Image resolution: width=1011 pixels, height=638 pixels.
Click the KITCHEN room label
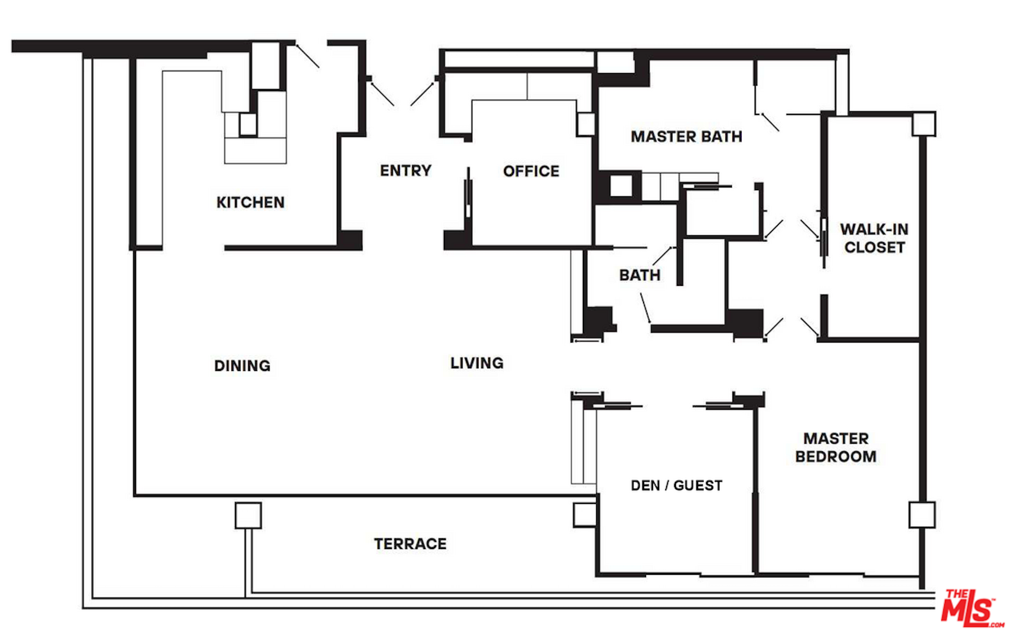pos(250,202)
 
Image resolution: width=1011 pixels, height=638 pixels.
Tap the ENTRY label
pos(405,171)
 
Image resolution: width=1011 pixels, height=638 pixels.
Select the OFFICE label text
pos(531,171)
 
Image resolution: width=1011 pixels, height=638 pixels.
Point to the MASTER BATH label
pos(686,136)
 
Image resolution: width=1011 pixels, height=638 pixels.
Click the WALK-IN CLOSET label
pos(874,238)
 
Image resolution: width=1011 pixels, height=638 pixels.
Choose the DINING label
pos(242,365)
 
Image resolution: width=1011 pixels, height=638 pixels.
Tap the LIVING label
pos(477,363)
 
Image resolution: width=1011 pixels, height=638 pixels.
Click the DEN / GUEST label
pos(676,485)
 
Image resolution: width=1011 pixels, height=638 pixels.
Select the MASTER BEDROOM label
pos(836,447)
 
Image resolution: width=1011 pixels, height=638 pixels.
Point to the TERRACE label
pos(410,543)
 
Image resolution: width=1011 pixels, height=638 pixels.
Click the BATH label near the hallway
pos(639,275)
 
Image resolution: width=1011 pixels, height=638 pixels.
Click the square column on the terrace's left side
pos(248,515)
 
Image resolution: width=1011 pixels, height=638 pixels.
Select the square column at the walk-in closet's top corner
pos(924,124)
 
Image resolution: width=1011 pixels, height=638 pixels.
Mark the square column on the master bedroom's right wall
pos(922,515)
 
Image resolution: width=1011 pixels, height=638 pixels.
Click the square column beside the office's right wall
pos(586,124)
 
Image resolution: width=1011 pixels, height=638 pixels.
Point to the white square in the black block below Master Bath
pos(621,186)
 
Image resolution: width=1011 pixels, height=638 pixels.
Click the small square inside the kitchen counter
pos(248,124)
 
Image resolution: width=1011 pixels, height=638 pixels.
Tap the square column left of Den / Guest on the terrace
pos(585,515)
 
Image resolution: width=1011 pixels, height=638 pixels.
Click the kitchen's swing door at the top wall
pos(307,56)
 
